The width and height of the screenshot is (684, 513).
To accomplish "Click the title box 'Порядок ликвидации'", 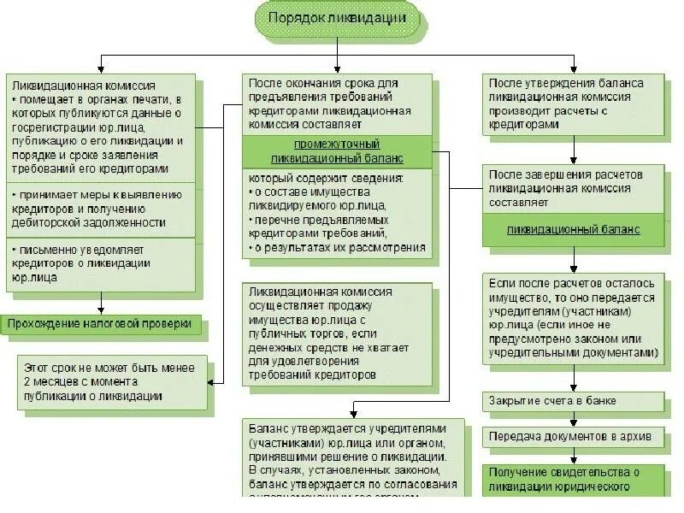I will click(338, 18).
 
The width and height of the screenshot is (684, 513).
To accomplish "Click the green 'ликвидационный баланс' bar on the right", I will click(573, 230).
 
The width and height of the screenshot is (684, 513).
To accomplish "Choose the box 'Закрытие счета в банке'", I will click(572, 400).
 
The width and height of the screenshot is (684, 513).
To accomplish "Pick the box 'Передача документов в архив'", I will click(572, 436).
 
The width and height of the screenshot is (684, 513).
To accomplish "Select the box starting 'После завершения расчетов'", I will click(572, 188).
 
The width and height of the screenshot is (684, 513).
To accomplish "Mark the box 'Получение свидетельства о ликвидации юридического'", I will click(572, 480).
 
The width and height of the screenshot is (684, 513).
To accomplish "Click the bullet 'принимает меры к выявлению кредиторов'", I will click(103, 209).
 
